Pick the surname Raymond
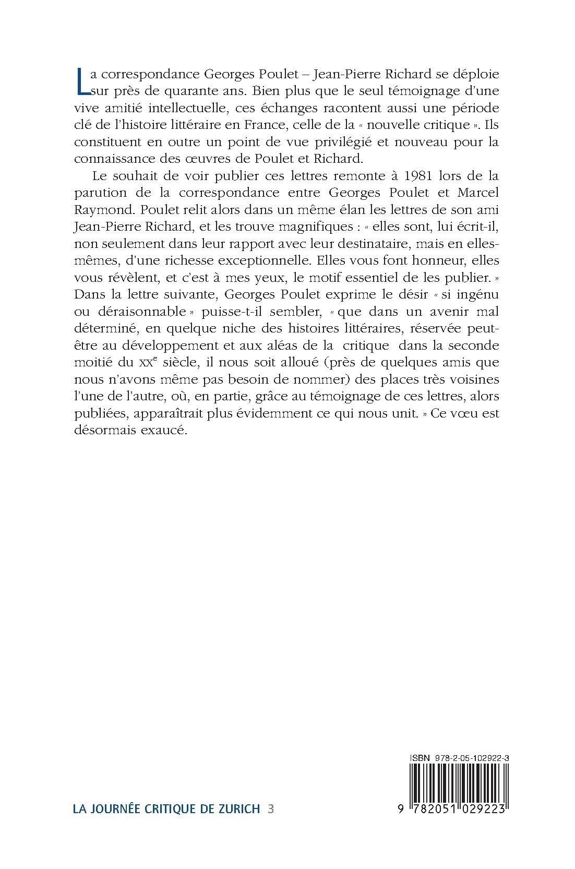(x=98, y=210)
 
